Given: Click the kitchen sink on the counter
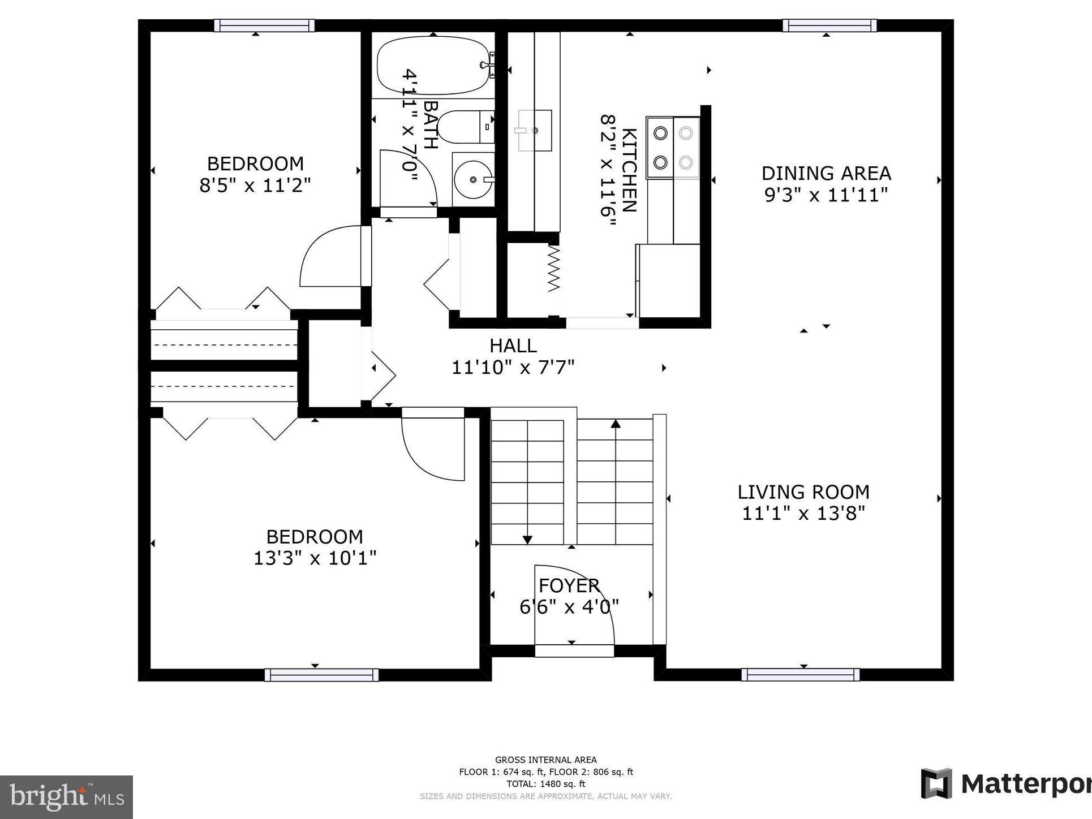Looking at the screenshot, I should pyautogui.click(x=534, y=131).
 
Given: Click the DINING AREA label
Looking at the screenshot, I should pyautogui.click(x=826, y=173).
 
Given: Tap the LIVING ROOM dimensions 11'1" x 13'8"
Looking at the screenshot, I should pyautogui.click(x=803, y=514).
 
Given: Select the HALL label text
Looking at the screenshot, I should pyautogui.click(x=513, y=346).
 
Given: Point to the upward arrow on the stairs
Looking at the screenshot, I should pyautogui.click(x=616, y=424).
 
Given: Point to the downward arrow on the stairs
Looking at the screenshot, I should pyautogui.click(x=527, y=540).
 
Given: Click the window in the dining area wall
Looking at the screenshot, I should pyautogui.click(x=829, y=25).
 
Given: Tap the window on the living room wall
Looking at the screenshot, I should pyautogui.click(x=800, y=674).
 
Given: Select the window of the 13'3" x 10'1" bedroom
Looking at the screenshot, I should pyautogui.click(x=321, y=674).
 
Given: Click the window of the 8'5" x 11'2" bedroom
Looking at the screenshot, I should pyautogui.click(x=264, y=25).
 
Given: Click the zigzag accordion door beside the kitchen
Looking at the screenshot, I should pyautogui.click(x=554, y=269).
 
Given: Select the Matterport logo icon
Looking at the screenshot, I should pyautogui.click(x=936, y=783).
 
